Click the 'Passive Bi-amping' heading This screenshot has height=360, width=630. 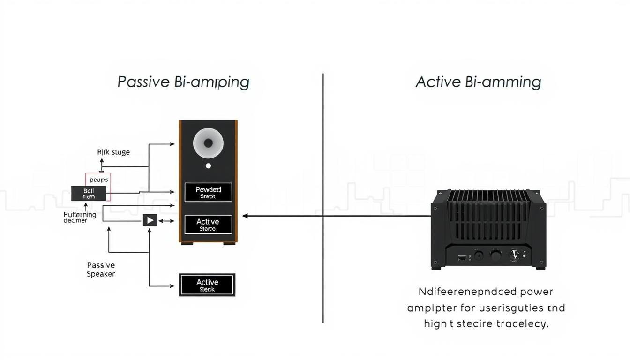(183, 82)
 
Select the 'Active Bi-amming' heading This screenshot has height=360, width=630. (478, 82)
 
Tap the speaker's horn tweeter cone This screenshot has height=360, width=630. (208, 142)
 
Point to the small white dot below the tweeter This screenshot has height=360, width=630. (208, 166)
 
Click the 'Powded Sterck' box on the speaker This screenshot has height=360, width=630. (208, 192)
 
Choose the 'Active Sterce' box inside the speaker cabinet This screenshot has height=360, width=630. (208, 225)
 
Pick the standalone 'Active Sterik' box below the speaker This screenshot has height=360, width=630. (207, 285)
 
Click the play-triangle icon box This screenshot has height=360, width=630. (150, 220)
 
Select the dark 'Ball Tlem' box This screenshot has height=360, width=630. (89, 194)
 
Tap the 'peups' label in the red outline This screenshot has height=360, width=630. (98, 180)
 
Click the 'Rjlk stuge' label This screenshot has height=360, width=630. (113, 152)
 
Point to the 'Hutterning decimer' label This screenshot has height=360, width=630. (80, 217)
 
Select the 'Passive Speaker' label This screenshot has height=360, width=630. (101, 270)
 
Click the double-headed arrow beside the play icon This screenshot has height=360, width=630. (166, 220)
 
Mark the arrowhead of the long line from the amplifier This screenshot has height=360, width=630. (245, 216)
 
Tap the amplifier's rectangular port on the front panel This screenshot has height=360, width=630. (462, 257)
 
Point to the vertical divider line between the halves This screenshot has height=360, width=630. (323, 197)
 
